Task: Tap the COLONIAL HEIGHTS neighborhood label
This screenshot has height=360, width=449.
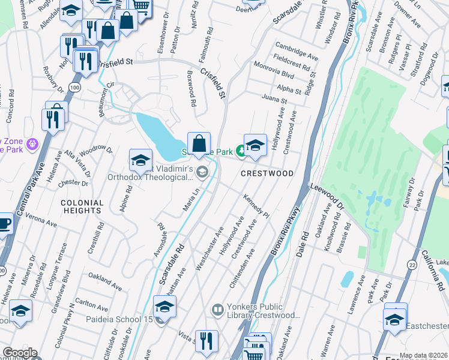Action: pos(81,207)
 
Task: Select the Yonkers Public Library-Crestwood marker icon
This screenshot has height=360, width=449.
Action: pos(217,310)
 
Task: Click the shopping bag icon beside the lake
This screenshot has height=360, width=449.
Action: pos(199,144)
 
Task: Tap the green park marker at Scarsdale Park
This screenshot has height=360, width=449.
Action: pos(240,151)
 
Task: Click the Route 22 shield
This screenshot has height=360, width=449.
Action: pos(412,265)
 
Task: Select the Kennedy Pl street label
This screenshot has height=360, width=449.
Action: pos(256,206)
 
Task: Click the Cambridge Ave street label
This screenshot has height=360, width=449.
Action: pos(297,51)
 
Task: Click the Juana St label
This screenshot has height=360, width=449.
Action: pos(274,99)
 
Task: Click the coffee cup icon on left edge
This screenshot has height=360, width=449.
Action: pos(4,224)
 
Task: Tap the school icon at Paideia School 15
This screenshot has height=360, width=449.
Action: pos(164,307)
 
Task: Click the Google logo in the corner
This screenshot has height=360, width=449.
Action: pos(19,353)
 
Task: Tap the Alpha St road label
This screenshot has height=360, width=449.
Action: pos(289,89)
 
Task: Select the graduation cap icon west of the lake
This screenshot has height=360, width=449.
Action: pos(140,160)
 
